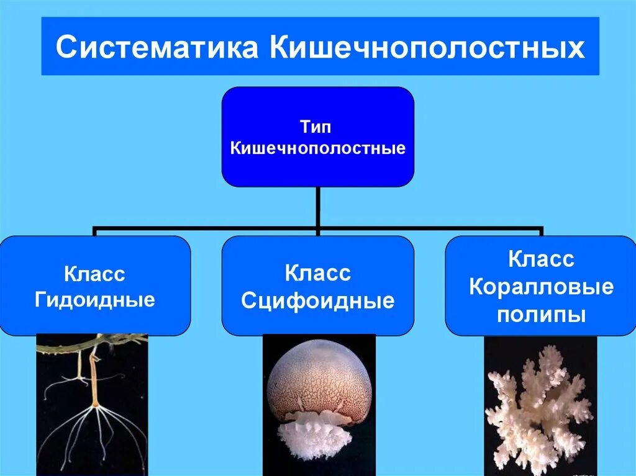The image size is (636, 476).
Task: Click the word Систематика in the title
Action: (x=157, y=48)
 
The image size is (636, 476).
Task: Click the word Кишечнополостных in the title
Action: (x=427, y=48)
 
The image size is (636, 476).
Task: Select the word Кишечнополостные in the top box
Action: (x=317, y=148)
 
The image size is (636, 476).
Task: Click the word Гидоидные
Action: (x=94, y=300)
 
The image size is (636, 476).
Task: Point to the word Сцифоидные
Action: (x=317, y=301)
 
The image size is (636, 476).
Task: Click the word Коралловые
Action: (x=541, y=287)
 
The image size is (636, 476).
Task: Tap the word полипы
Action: (x=541, y=314)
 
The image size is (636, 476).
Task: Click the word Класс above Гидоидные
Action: (x=94, y=274)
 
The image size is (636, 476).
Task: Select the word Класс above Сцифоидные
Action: (x=317, y=273)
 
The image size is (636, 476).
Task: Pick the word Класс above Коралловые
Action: (x=541, y=259)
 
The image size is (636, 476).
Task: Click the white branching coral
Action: (x=538, y=403)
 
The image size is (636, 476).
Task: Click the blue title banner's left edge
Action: (x=43, y=47)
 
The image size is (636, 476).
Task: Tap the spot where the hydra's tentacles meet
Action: (x=96, y=407)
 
